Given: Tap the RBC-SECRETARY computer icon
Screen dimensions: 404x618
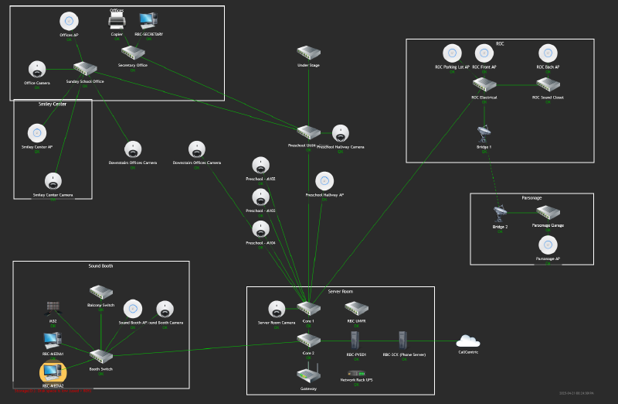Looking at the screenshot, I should point(148,21).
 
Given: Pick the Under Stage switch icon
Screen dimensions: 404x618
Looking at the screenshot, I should point(308,53).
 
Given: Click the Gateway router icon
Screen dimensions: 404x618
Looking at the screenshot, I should point(308,375).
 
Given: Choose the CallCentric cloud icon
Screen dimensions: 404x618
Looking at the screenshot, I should point(468,341).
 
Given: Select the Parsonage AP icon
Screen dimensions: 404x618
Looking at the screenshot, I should point(548,245).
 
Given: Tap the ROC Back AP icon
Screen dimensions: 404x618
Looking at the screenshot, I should point(548,53).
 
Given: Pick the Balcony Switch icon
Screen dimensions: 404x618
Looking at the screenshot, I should point(101,293).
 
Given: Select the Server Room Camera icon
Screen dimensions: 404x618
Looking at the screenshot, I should point(277,310).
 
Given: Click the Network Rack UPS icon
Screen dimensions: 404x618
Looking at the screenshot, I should point(356,374).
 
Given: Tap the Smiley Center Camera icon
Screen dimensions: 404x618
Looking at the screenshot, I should point(53,182).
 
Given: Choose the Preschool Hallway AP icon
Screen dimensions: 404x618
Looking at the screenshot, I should point(324,181).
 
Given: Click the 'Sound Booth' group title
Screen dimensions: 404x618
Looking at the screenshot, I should point(100,265).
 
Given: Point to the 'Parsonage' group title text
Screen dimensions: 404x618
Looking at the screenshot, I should point(531,198).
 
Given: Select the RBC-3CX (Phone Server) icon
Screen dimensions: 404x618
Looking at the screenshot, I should point(402,341).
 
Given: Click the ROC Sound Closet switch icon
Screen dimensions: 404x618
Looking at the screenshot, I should point(548,85).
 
